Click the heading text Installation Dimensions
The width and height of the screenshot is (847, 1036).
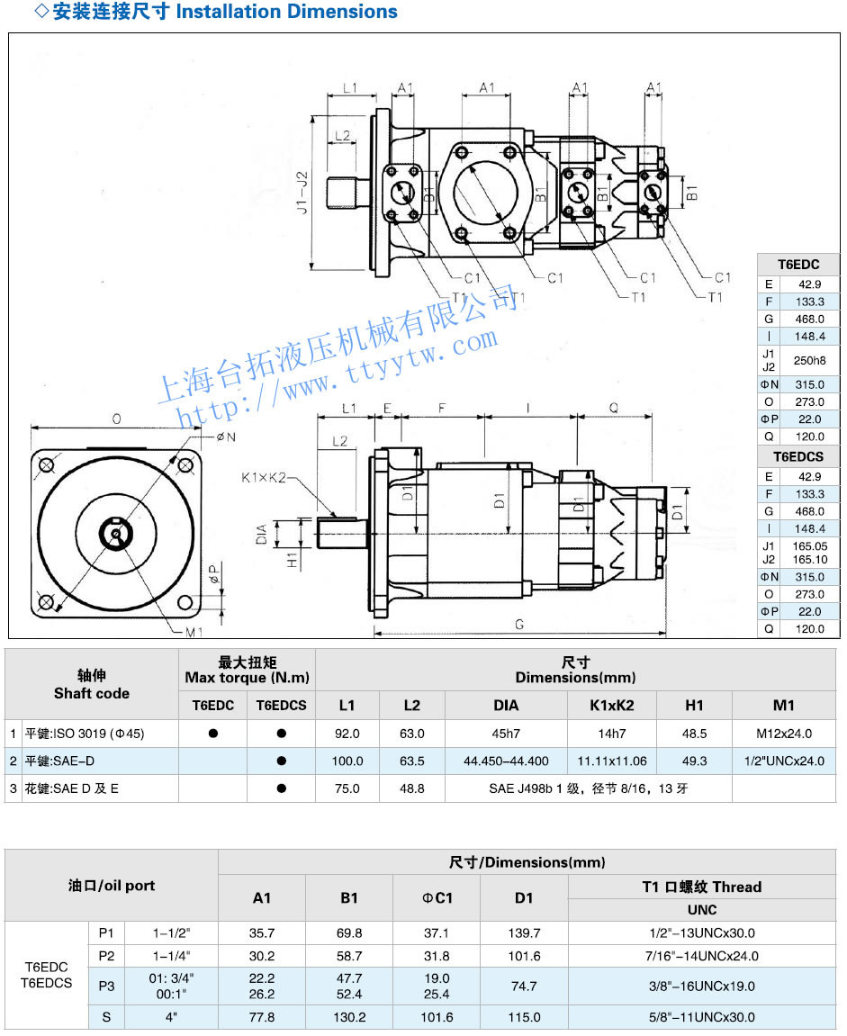click(x=286, y=13)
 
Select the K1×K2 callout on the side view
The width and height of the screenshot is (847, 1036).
click(x=263, y=477)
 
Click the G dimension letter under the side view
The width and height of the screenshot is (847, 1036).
click(x=520, y=624)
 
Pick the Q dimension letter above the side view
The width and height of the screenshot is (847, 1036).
click(x=614, y=408)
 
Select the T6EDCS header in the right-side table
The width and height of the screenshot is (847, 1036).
click(x=798, y=456)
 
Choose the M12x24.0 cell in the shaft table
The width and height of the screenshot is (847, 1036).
click(x=784, y=734)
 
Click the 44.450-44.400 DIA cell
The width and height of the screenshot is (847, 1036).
click(x=506, y=761)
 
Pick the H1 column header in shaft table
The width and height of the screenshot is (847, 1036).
click(x=694, y=706)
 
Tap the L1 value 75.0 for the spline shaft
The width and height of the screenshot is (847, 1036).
click(x=347, y=788)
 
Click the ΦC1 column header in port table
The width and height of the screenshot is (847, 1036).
click(x=437, y=897)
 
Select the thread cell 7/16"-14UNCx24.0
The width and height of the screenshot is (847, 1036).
click(x=702, y=956)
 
